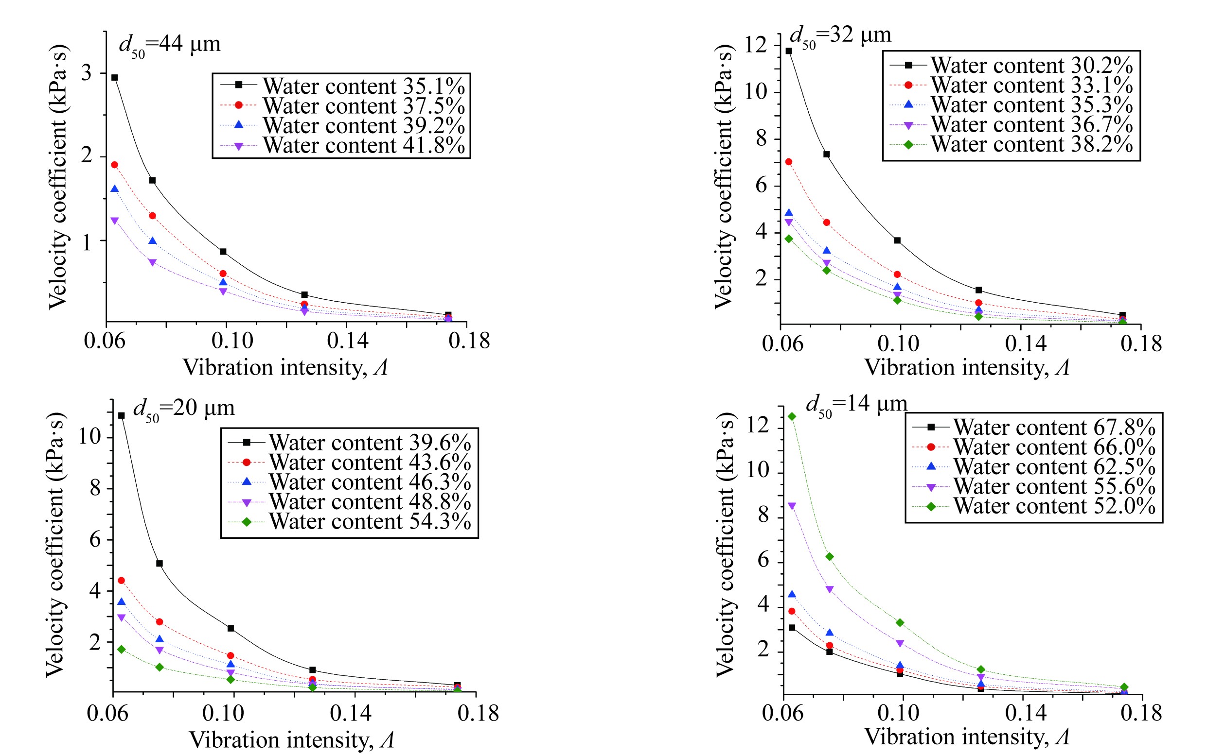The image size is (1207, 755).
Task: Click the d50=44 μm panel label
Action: (169, 45)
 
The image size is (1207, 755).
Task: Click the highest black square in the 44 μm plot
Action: (114, 77)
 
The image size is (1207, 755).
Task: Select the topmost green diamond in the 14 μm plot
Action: (792, 416)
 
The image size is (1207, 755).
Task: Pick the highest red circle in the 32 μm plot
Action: (789, 162)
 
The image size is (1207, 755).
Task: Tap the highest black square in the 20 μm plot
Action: (122, 415)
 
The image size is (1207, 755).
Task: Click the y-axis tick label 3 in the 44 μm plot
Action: (87, 73)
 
